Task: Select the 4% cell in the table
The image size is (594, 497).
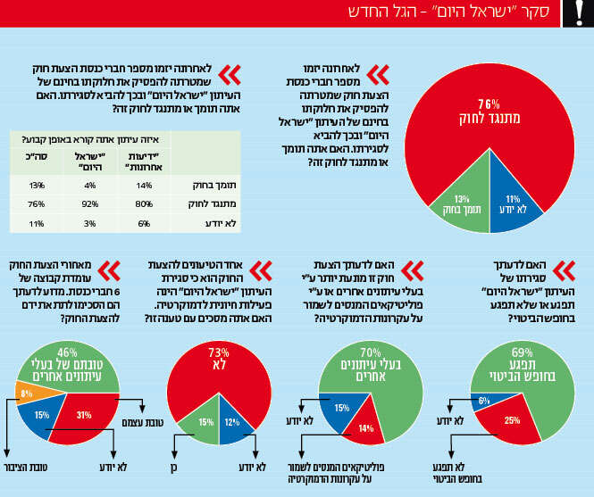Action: click(88, 186)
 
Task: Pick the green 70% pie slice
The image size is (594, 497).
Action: click(371, 366)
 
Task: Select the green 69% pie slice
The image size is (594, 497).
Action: click(523, 366)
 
